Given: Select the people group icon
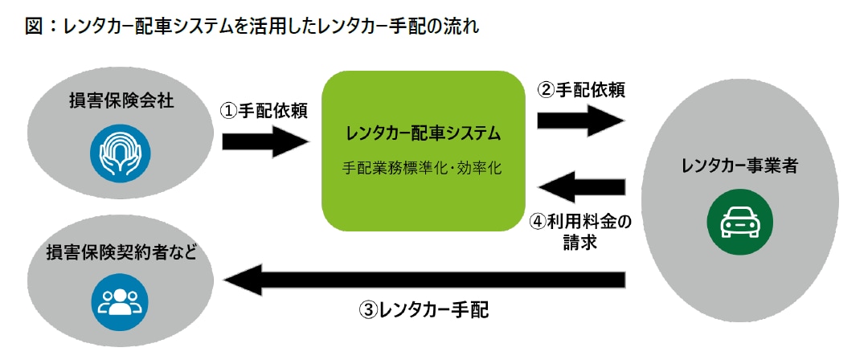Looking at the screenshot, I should click(x=120, y=301).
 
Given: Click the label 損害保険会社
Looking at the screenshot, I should click(x=121, y=101).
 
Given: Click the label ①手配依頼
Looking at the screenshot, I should click(x=264, y=111).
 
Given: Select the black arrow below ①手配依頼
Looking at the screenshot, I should click(x=265, y=142).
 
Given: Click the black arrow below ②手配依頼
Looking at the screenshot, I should click(x=580, y=121).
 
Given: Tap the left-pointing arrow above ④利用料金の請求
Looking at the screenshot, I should click(x=581, y=188).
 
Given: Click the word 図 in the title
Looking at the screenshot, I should click(x=34, y=27).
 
